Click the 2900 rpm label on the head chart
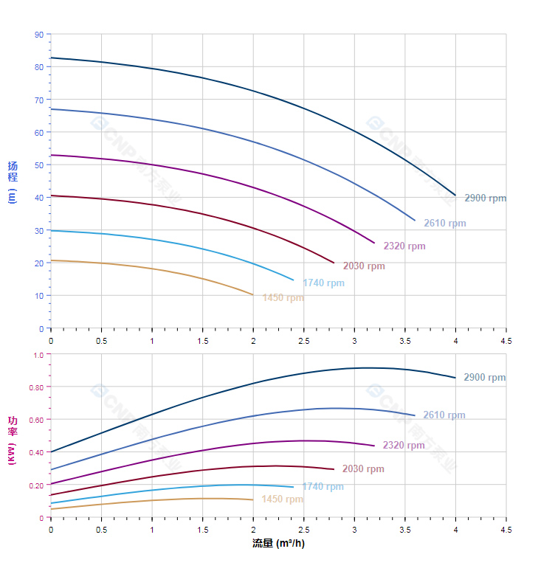[x=485, y=198]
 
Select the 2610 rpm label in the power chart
[x=444, y=415]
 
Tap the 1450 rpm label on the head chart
[x=283, y=298]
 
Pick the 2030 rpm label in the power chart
[x=363, y=469]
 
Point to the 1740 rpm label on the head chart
[x=323, y=283]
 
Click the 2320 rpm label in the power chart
[x=404, y=446]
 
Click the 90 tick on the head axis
[x=38, y=35]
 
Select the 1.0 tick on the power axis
[x=38, y=355]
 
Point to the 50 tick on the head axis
[x=38, y=165]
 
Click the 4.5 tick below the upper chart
[x=506, y=341]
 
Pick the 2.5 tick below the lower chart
[x=303, y=530]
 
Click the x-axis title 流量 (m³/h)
[x=278, y=544]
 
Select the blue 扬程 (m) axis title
[x=13, y=182]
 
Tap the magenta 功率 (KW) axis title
[x=13, y=440]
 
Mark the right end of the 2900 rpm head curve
[x=455, y=196]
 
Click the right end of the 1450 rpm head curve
[x=253, y=295]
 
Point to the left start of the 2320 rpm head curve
[x=51, y=155]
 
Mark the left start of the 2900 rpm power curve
[x=51, y=452]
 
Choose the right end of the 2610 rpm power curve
[x=415, y=415]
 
